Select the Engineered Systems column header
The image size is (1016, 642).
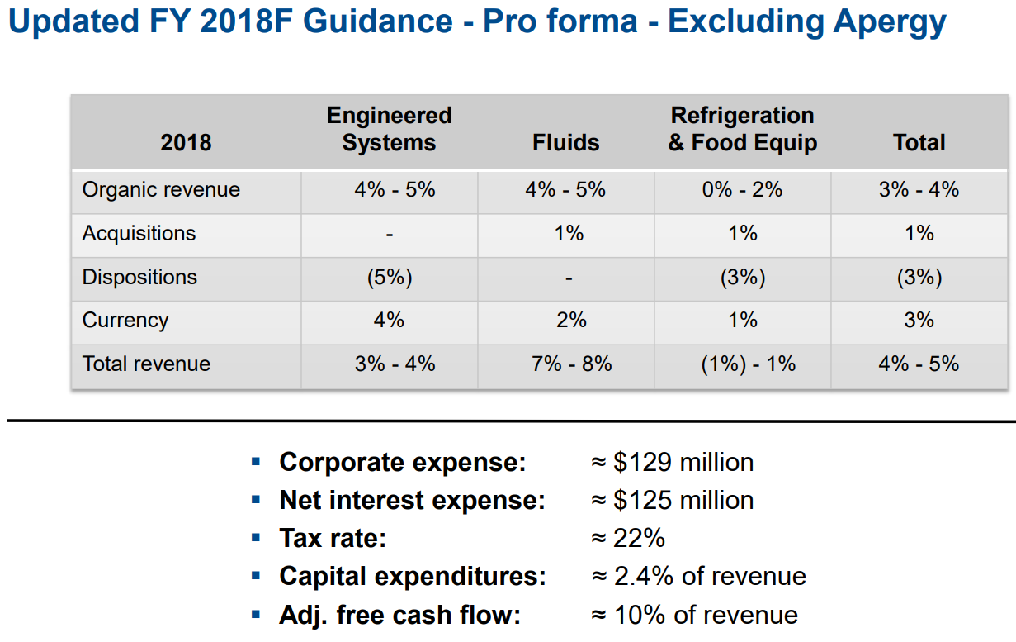[x=389, y=129]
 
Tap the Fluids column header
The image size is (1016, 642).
[x=565, y=143]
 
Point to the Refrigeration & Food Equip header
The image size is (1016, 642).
[x=742, y=129]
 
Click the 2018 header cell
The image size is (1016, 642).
[x=186, y=143]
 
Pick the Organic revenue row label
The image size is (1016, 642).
[x=161, y=190]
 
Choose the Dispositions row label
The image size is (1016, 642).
[x=139, y=277]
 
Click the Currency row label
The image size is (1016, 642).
[x=125, y=321]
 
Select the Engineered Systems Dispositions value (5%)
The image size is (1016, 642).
[x=389, y=278]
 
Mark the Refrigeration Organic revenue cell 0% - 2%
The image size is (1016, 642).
[x=742, y=190]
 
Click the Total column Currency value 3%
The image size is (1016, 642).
[x=919, y=321]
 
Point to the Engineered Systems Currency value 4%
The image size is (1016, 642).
[x=389, y=321]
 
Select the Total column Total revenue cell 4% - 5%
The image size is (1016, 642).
[x=919, y=364]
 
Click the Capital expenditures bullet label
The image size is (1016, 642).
[x=413, y=577]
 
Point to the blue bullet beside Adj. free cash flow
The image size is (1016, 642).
[x=256, y=615]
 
